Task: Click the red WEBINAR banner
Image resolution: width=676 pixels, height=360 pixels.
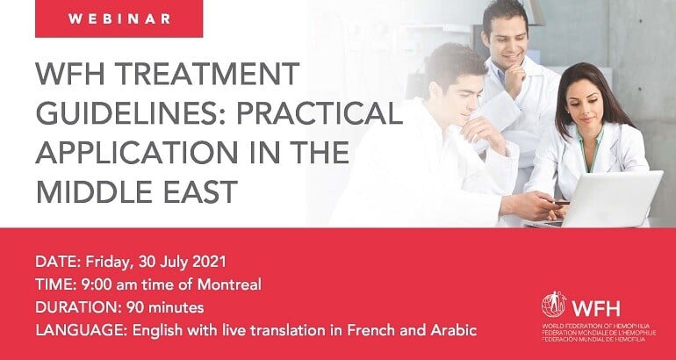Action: click(119, 18)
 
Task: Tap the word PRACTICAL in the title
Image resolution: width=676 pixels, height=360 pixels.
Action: click(320, 113)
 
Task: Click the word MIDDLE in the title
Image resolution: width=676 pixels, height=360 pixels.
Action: click(96, 191)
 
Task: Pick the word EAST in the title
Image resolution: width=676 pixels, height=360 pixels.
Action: click(201, 191)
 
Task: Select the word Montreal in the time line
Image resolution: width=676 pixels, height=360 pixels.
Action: click(229, 284)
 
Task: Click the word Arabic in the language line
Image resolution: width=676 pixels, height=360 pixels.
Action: click(454, 330)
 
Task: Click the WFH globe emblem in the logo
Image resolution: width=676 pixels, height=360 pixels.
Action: click(554, 305)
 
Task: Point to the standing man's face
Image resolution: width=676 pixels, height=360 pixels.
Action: click(508, 42)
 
